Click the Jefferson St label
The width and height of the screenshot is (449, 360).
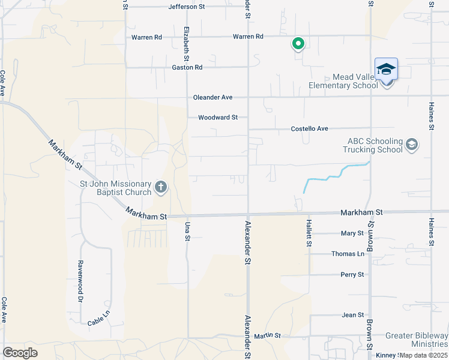click(170, 7)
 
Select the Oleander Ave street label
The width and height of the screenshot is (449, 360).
click(212, 97)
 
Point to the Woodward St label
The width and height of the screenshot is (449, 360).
click(218, 118)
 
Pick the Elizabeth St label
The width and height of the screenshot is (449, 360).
click(187, 44)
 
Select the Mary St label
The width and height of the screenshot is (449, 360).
click(352, 233)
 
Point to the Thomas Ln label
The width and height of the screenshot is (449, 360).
click(348, 254)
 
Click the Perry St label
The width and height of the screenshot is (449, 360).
click(352, 275)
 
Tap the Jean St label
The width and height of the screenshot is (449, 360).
click(353, 314)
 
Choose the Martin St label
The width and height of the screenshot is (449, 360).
click(267, 335)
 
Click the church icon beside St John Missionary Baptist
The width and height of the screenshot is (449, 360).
click(160, 188)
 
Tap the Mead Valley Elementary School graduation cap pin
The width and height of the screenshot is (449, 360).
click(387, 70)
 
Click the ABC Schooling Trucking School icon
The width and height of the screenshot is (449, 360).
click(412, 145)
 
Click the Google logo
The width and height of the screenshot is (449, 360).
click(20, 353)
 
